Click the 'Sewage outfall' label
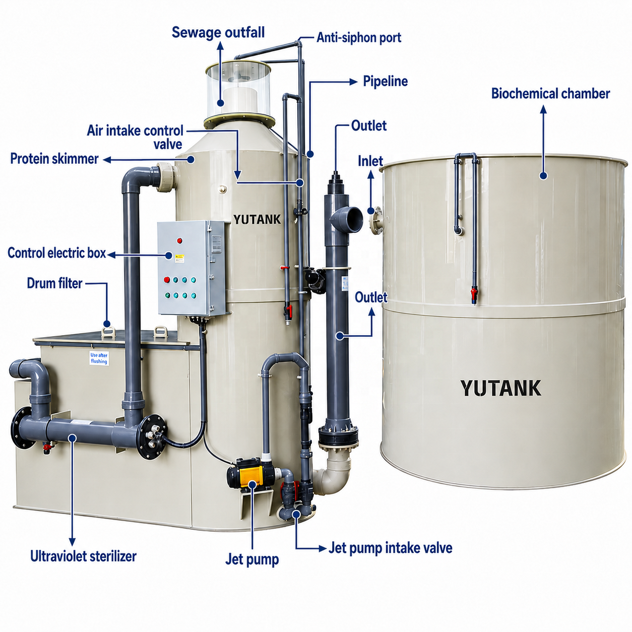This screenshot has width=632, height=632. point(218,32)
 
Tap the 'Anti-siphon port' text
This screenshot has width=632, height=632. point(359,38)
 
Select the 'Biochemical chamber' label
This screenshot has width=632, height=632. point(550,94)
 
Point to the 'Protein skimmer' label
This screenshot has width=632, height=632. point(54,159)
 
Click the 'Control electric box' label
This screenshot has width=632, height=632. point(57,253)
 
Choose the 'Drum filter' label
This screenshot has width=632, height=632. point(54,283)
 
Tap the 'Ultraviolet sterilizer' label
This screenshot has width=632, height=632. point(83,556)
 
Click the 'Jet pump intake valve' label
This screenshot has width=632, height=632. point(390,548)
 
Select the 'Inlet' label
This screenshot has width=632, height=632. point(370,161)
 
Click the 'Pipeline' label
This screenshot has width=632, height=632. point(386,81)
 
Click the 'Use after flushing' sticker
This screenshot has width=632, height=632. point(99,358)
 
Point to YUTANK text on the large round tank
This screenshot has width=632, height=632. point(500,388)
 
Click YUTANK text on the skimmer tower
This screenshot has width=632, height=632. point(257,219)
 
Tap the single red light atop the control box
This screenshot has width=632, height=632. point(179,241)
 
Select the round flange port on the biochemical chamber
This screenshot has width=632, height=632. point(377,220)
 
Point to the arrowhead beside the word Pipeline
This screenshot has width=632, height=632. point(354,82)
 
